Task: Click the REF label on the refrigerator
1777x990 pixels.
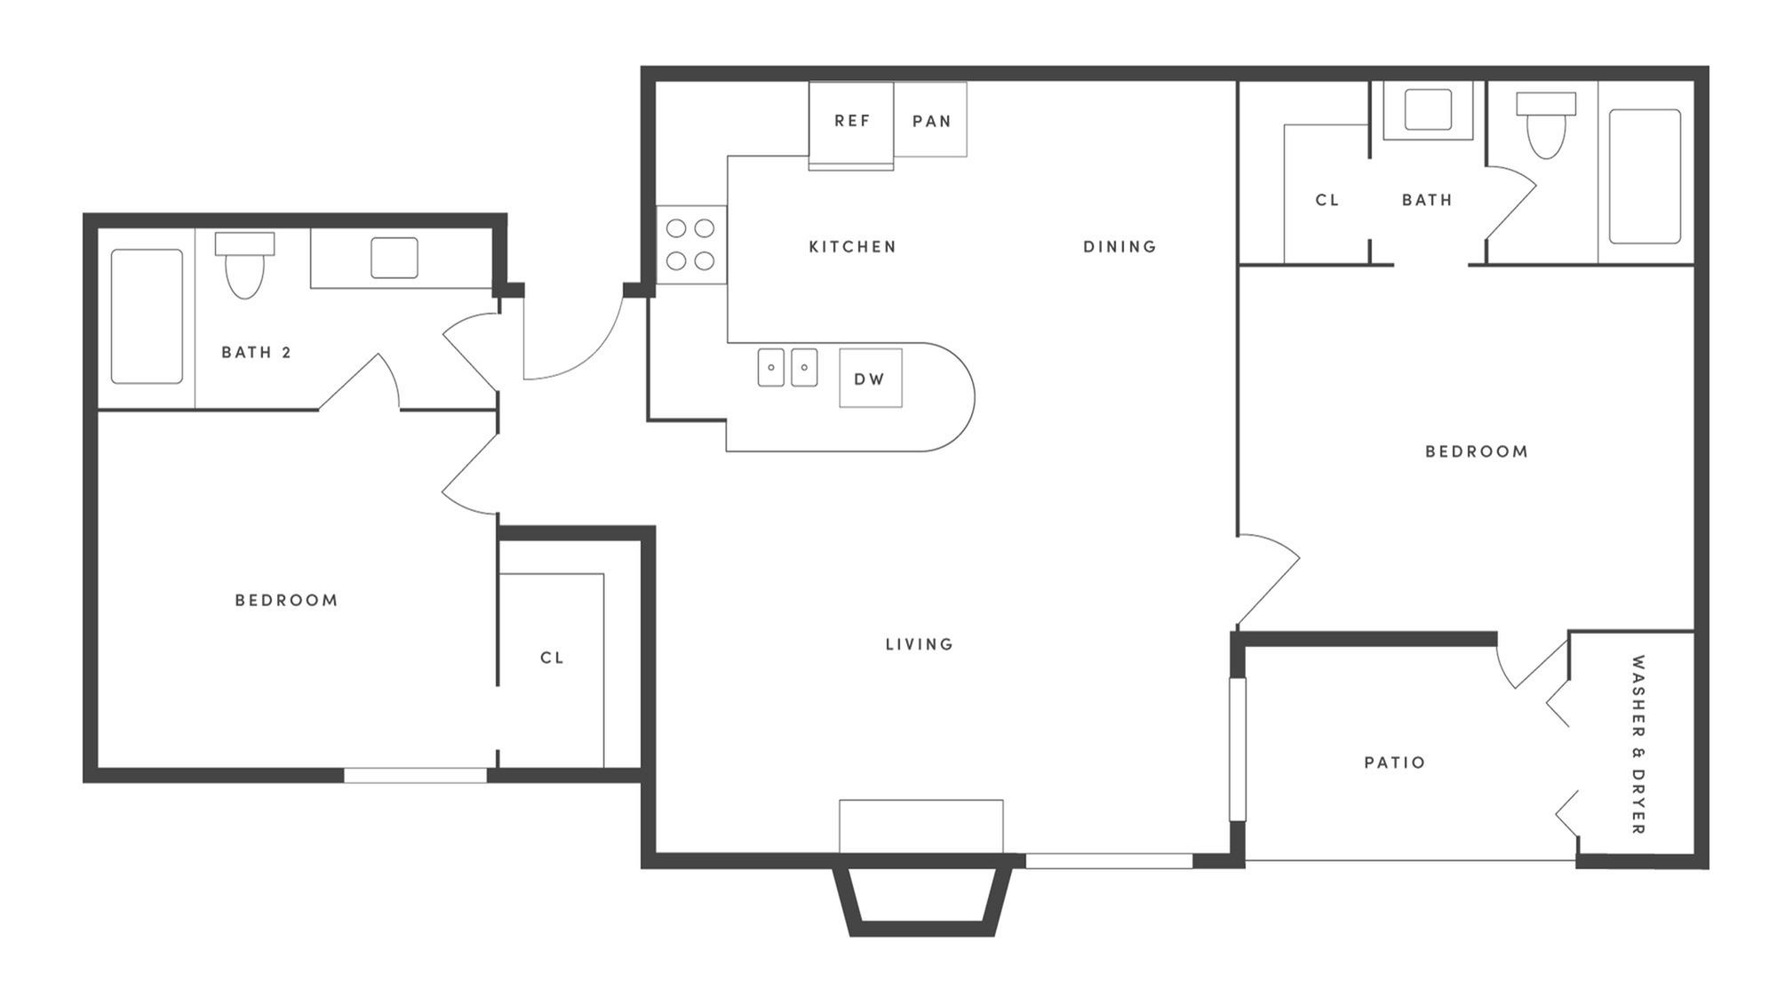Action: coord(852,121)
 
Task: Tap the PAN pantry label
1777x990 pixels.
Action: coord(931,121)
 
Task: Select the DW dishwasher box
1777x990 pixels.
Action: coord(871,379)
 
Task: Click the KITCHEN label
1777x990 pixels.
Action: coord(853,247)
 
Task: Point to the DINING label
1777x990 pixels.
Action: coord(1120,247)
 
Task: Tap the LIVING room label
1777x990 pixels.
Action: coord(920,644)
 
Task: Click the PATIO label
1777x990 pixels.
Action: coord(1395,762)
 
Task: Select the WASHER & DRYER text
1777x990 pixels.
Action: coord(1638,745)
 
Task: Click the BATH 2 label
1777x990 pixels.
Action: coord(256,353)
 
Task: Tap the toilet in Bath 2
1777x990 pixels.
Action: coord(245,264)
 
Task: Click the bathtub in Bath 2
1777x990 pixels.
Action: coord(147,316)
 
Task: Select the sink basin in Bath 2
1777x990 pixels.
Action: coord(394,258)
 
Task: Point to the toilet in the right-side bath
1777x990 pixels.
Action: coord(1546,124)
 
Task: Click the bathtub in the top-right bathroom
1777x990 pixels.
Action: coord(1645,176)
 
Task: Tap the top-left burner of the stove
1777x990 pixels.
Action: coord(676,228)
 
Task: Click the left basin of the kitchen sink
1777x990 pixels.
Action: coord(771,367)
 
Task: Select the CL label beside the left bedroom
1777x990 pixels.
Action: coord(552,659)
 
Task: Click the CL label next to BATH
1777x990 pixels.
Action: coord(1327,201)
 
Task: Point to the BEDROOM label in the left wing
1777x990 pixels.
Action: coord(286,601)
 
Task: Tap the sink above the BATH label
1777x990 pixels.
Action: coord(1428,110)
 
